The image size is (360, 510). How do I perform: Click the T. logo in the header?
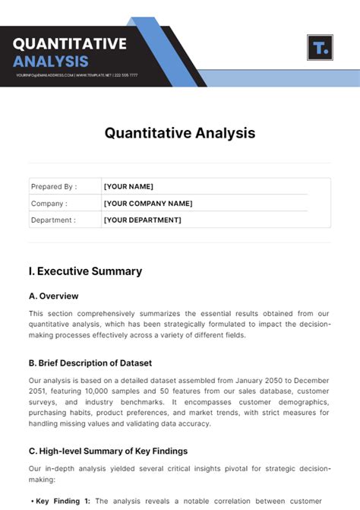tap(320, 48)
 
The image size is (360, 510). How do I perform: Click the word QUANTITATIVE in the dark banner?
tap(70, 43)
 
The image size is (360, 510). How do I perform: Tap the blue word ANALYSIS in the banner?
tap(51, 61)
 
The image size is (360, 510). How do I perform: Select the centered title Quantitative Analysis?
tap(180, 133)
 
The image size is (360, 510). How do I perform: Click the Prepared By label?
tap(53, 186)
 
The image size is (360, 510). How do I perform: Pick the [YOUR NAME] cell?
tap(128, 186)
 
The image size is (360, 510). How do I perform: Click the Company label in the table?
tap(49, 204)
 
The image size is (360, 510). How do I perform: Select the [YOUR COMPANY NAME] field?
tap(148, 204)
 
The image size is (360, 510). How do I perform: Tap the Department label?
tap(53, 220)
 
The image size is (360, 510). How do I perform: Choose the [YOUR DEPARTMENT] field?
tap(143, 220)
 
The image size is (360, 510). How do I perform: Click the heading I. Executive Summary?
tap(85, 271)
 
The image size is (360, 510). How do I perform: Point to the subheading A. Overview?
tap(54, 296)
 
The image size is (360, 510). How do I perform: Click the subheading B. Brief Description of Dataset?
tap(90, 363)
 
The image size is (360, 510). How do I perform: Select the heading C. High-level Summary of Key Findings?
tap(108, 451)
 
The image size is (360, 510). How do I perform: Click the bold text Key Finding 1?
tap(62, 501)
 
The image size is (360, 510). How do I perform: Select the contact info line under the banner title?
tap(76, 75)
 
